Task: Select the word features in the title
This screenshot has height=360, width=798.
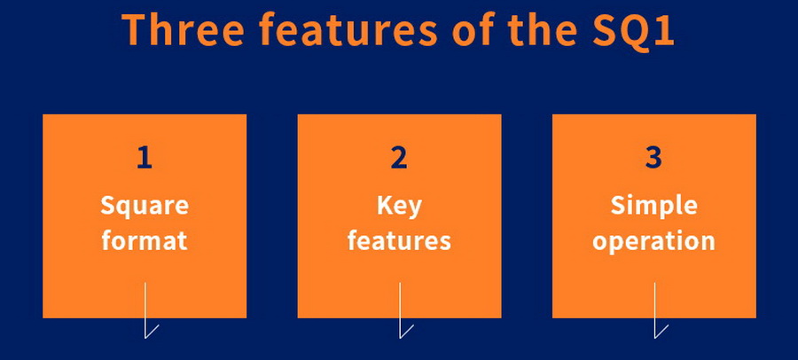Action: point(348,29)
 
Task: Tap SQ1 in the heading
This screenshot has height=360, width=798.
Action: point(633,30)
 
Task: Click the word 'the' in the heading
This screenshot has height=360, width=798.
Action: point(543,29)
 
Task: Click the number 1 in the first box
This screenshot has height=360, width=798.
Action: point(145,158)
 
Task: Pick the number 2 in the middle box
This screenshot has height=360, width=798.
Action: point(399,158)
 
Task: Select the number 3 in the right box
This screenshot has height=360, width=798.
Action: point(654,158)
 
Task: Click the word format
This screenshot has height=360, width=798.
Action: point(145,240)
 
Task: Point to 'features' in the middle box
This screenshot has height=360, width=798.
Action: point(400,240)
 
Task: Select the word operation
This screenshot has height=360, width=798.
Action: point(654,242)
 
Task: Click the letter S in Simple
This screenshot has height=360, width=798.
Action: point(617,206)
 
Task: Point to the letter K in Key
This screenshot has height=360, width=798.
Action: point(386,206)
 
